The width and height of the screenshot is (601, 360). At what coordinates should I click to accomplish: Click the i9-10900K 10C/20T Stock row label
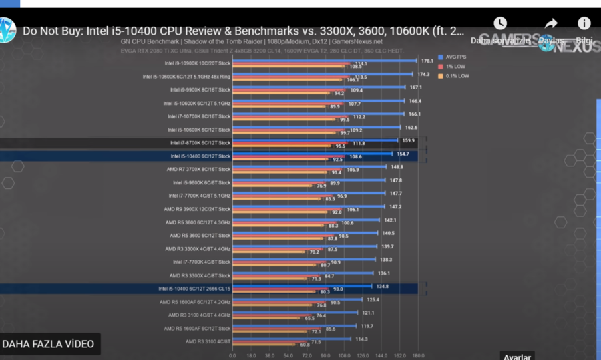click(x=197, y=63)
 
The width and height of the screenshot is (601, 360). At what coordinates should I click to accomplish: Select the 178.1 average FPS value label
click(x=427, y=61)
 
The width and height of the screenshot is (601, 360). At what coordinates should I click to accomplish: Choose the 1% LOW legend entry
click(x=452, y=67)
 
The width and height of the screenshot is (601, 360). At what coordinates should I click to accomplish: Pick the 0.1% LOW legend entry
click(x=454, y=76)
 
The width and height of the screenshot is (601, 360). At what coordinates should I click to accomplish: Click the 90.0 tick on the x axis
click(x=325, y=355)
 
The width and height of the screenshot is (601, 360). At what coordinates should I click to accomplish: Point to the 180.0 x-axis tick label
click(x=417, y=355)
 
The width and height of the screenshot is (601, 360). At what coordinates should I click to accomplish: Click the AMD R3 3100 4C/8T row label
click(x=208, y=341)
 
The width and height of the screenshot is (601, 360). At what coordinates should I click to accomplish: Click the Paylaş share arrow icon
click(x=550, y=25)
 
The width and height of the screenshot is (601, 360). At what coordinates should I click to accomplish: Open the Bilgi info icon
click(x=584, y=24)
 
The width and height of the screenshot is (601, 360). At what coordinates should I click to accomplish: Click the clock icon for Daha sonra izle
click(x=499, y=24)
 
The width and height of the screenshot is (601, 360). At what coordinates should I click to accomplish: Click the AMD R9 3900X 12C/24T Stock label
click(x=198, y=208)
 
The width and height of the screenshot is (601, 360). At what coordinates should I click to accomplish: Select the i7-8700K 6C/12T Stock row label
click(x=200, y=142)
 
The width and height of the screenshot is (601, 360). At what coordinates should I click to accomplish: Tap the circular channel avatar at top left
click(x=7, y=30)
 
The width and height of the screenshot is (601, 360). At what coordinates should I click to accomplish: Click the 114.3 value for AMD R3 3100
click(x=361, y=339)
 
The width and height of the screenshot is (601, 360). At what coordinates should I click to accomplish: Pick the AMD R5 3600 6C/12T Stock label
click(x=200, y=235)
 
